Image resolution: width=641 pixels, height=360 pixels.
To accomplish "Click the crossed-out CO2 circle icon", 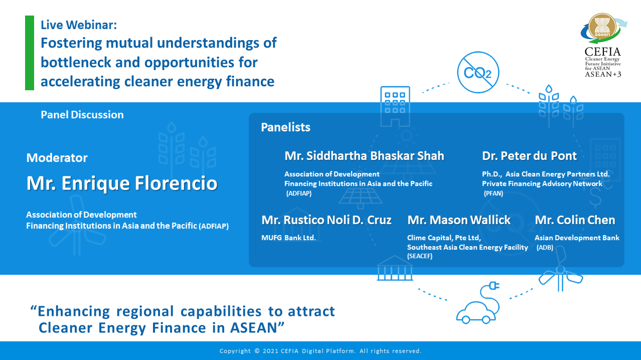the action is (x=478, y=72).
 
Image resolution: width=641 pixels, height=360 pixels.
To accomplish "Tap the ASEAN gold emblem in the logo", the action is (x=602, y=27).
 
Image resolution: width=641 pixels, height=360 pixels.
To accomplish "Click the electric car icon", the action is (x=478, y=303).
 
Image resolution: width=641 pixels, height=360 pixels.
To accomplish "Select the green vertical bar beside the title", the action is (x=30, y=53).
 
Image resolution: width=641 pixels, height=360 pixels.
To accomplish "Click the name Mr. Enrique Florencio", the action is (x=122, y=183).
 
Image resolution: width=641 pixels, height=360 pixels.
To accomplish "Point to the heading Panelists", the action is (x=285, y=127).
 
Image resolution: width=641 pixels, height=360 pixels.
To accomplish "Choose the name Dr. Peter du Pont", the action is (x=529, y=156).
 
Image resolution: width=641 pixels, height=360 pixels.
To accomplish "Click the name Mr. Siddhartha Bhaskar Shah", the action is (x=364, y=156).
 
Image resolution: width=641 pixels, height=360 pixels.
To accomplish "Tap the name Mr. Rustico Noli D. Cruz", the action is (x=327, y=220).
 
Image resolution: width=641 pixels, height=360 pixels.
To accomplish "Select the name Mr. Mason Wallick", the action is (x=459, y=220).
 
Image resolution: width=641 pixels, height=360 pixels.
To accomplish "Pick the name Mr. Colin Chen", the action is (x=575, y=220).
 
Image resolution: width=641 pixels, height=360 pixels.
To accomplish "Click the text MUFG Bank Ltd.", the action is (x=288, y=238).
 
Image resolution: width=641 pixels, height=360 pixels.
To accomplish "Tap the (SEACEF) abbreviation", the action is (x=420, y=256).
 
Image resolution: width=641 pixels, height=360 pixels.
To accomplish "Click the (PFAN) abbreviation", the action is (x=494, y=194).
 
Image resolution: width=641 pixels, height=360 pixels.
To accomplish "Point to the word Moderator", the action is (x=57, y=157).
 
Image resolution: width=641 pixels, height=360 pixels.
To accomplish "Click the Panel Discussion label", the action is (x=82, y=115).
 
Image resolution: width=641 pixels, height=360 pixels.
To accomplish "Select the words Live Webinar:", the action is (x=79, y=25).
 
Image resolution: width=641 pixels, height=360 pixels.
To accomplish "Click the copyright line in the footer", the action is (x=320, y=351).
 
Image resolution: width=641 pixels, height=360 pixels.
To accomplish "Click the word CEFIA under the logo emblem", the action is (x=603, y=52).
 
